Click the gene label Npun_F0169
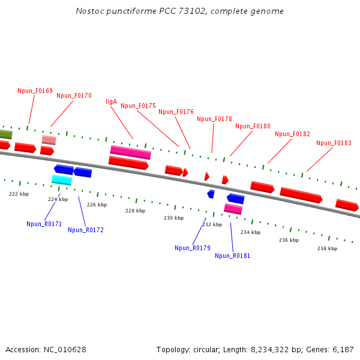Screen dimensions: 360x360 [35, 91]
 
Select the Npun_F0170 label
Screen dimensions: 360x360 [74, 96]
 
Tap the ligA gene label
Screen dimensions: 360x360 [111, 102]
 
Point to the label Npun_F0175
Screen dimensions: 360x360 [138, 106]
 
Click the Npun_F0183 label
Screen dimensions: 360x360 [334, 143]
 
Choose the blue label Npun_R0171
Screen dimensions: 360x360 [44, 224]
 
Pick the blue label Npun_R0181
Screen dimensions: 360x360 [232, 256]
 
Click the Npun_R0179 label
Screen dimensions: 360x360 [192, 248]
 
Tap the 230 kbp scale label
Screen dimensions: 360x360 [173, 218]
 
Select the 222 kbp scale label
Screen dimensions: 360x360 [19, 194]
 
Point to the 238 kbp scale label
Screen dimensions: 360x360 [327, 248]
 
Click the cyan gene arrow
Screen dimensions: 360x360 [62, 180]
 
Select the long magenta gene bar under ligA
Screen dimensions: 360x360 [130, 152]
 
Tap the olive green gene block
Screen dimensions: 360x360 [5, 134]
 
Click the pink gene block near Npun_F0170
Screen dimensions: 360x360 [49, 140]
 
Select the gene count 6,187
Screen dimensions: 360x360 [342, 350]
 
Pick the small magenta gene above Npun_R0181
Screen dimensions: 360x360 [233, 209]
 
